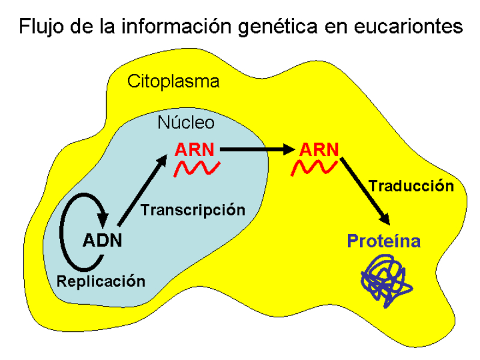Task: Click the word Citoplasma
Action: tap(173, 82)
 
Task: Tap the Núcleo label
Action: tap(185, 123)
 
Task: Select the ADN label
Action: tap(102, 241)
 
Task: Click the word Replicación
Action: tap(101, 281)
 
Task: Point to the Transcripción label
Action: tap(193, 210)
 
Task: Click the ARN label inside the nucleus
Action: tap(194, 149)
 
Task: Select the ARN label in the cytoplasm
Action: tap(318, 149)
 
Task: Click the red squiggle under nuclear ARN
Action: tap(194, 169)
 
